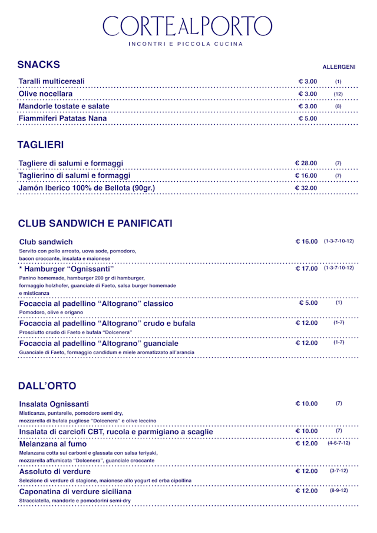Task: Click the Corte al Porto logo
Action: (x=187, y=26)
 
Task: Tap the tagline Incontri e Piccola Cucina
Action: (x=186, y=44)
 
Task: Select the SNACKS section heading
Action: (x=38, y=65)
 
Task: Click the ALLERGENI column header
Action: (x=339, y=67)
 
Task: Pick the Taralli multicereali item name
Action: (x=52, y=81)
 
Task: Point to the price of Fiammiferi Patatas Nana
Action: (x=307, y=119)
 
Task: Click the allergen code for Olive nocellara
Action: (x=338, y=94)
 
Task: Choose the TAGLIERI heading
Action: (x=41, y=145)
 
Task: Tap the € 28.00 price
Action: (x=306, y=163)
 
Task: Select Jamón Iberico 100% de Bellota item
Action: (x=87, y=188)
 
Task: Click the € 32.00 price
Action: (x=306, y=188)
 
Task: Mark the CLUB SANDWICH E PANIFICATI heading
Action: (x=95, y=224)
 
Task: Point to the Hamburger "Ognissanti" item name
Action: (x=67, y=269)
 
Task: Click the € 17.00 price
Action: (x=307, y=269)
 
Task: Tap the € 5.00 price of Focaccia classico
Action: (x=308, y=303)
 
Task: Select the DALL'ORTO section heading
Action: (x=47, y=386)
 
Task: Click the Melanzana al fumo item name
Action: (x=53, y=444)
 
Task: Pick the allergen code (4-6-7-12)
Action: (x=339, y=443)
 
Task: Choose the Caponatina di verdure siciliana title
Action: (x=75, y=491)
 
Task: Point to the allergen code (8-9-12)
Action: (x=339, y=490)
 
